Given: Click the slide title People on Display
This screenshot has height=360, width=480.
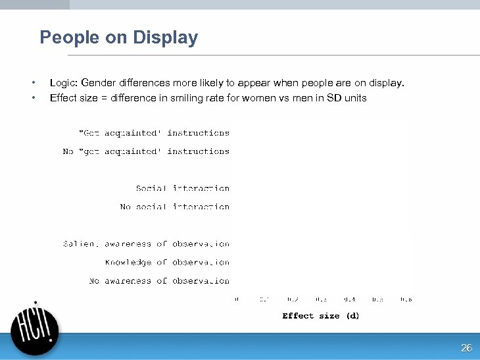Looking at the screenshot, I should [118, 38].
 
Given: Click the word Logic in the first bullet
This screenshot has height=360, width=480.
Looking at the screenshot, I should [62, 83].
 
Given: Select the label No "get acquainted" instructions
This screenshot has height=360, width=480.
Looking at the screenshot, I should [146, 151].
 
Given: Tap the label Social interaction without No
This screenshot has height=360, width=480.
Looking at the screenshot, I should [183, 188].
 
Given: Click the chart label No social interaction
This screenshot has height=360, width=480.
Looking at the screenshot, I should [175, 207].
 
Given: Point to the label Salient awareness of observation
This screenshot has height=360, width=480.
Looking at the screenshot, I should [146, 244].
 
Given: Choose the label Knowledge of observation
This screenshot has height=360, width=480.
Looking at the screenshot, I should [167, 262].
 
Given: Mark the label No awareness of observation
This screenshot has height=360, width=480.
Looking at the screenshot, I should [159, 280].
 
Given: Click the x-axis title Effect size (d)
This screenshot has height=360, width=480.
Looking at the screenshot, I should [321, 316].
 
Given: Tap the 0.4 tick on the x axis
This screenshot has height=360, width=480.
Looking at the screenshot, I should [350, 299].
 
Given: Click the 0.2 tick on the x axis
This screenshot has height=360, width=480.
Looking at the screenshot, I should [293, 299].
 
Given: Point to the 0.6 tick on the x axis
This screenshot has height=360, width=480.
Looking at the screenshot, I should [406, 299].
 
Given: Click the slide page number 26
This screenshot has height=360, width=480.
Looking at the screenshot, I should [466, 348].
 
